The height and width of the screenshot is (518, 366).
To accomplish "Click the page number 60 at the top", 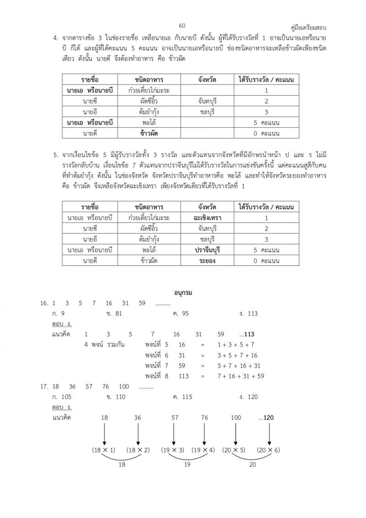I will [x=182, y=26].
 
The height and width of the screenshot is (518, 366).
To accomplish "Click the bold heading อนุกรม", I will [x=183, y=292].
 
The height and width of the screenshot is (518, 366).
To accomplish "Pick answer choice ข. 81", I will [x=113, y=313].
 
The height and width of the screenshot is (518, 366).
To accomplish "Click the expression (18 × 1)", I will [x=104, y=450].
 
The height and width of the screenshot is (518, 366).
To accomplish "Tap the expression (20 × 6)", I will [x=269, y=450].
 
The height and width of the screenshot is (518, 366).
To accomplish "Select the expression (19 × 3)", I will [x=173, y=450].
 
